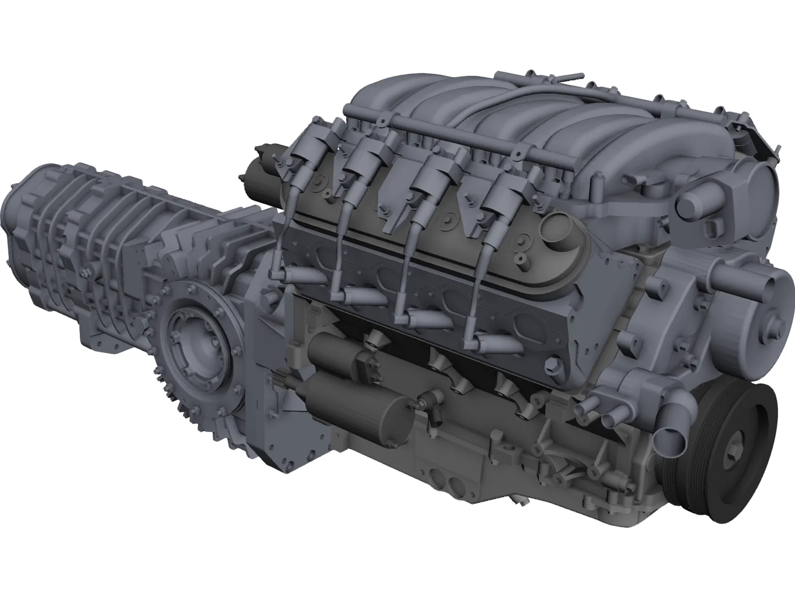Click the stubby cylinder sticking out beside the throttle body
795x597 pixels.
coord(696,201)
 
